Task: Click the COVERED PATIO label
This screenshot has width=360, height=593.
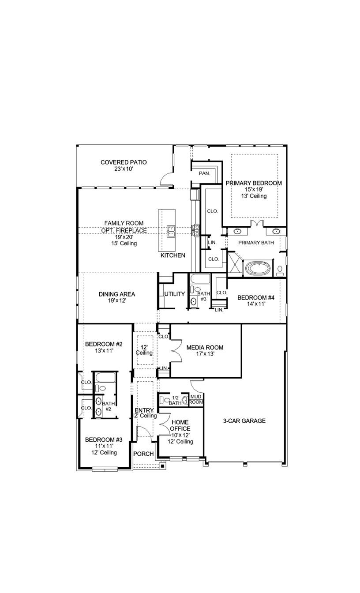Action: pyautogui.click(x=124, y=162)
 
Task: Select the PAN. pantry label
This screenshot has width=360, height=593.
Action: pyautogui.click(x=204, y=173)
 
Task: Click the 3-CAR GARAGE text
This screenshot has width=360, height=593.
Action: pyautogui.click(x=244, y=421)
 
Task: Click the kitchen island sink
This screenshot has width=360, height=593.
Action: pyautogui.click(x=171, y=230)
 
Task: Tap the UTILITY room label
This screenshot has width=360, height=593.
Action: pyautogui.click(x=174, y=294)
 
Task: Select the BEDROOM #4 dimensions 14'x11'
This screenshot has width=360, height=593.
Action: pyautogui.click(x=256, y=304)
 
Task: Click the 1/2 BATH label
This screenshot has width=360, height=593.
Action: pyautogui.click(x=175, y=400)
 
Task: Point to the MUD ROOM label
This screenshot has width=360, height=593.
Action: pyautogui.click(x=196, y=399)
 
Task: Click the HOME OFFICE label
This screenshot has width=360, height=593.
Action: pyautogui.click(x=180, y=425)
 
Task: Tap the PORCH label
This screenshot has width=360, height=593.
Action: pyautogui.click(x=143, y=454)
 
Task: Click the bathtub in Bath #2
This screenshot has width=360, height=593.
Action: pyautogui.click(x=105, y=378)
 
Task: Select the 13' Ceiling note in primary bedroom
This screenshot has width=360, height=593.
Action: pyautogui.click(x=253, y=196)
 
